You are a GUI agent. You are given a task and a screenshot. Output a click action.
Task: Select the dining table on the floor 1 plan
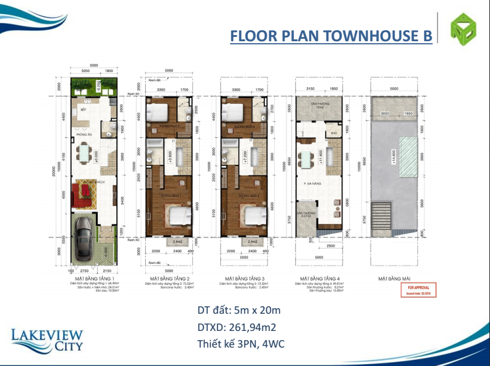pos(82,151)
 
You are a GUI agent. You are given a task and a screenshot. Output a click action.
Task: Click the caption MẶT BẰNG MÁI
pos(393,279)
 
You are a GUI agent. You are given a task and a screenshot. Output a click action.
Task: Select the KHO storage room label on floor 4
pos(334,132)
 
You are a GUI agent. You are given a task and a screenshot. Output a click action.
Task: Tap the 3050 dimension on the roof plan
pos(385,114)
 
